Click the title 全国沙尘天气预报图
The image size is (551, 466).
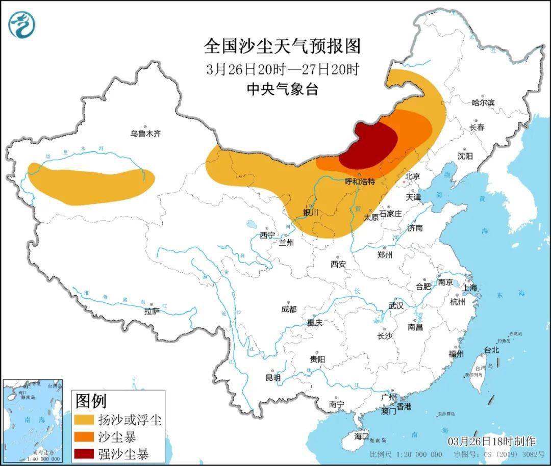pos(282,46)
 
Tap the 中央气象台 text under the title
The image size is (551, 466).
pos(282,90)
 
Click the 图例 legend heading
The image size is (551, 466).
pos(91,401)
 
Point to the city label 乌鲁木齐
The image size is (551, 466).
pos(145,134)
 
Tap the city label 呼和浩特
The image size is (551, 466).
pos(360,182)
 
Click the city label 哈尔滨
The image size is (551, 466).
pos(483,102)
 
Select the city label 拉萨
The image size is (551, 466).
pos(152,311)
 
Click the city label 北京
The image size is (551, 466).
pos(412,176)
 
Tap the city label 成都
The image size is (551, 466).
pos(288,309)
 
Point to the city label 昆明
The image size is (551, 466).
pos(273,378)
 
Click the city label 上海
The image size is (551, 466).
pos(470,288)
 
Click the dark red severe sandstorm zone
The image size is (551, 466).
pos(371,145)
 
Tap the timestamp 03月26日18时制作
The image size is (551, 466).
pos(492,441)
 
